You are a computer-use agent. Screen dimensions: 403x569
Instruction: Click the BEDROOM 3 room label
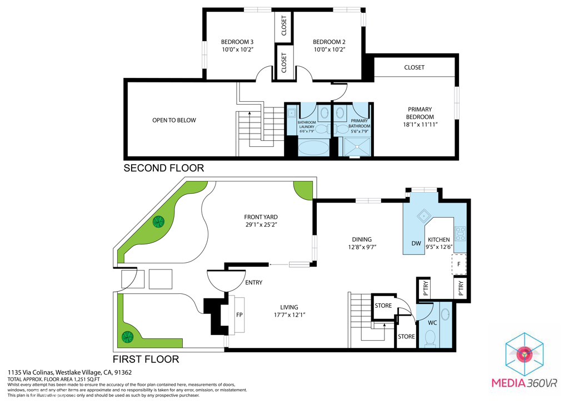tap(237, 42)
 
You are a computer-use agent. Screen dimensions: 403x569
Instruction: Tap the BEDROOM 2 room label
tap(329, 42)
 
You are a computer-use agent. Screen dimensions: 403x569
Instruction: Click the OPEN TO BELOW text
tap(174, 120)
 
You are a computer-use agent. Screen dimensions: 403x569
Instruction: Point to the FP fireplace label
tap(239, 314)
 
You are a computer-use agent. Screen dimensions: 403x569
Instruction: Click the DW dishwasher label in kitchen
tap(416, 243)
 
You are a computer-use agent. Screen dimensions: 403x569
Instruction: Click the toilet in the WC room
tap(429, 338)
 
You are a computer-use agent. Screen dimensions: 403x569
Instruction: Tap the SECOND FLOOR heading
tap(163, 168)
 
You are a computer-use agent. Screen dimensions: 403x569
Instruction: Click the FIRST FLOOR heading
tap(146, 359)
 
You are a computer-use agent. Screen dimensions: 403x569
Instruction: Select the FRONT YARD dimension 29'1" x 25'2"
tap(261, 225)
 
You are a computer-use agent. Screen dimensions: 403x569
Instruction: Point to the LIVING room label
tap(289, 307)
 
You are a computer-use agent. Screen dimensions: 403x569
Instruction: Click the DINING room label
tap(361, 239)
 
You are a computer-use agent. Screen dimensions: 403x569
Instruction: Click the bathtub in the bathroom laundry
tap(313, 148)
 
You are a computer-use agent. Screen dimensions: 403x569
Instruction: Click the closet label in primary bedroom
tap(414, 67)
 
